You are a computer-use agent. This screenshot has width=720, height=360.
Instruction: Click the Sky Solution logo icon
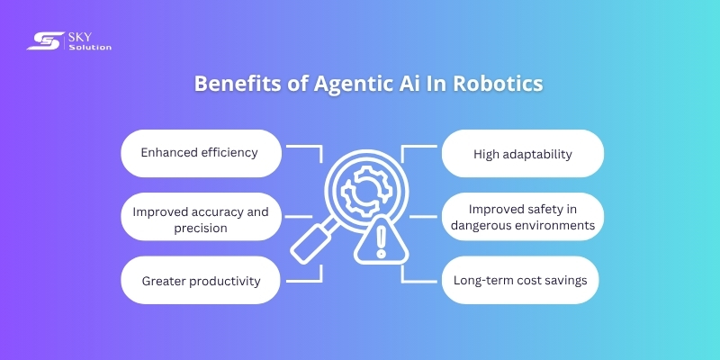42,40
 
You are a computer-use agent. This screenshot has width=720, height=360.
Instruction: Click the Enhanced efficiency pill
200,153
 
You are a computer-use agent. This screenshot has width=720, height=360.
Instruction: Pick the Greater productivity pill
200,281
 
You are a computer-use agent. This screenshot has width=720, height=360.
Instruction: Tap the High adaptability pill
522,153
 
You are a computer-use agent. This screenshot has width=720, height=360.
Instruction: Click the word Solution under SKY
90,47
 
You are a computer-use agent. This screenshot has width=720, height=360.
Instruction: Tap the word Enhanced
169,152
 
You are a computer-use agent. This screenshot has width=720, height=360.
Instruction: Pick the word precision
200,228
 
